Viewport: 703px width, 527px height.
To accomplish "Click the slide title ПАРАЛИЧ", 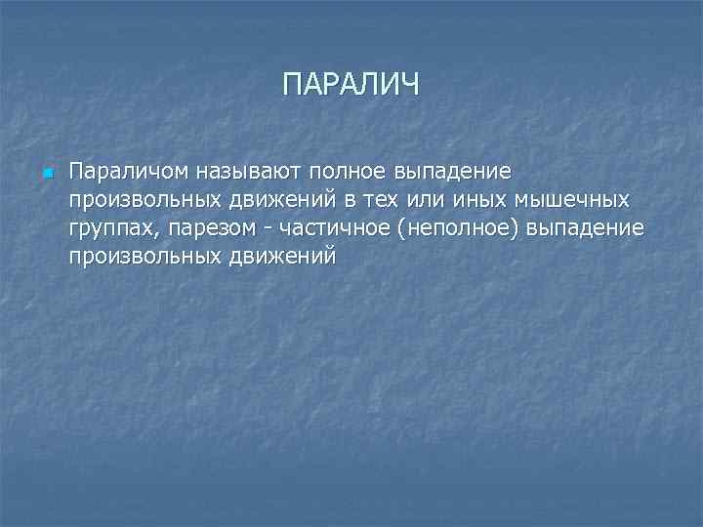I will tap(351, 84).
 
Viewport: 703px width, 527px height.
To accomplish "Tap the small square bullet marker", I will tap(45, 175).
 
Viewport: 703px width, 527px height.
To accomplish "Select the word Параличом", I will tap(115, 173).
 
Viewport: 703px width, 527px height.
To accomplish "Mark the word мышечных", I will tap(566, 200).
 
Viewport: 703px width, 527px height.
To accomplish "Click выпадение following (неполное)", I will tap(584, 228).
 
